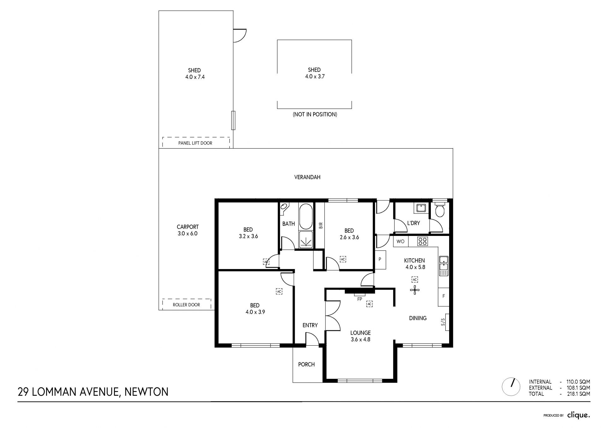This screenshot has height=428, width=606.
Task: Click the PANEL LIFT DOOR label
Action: point(195,143)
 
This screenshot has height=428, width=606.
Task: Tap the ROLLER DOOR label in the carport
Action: point(186,305)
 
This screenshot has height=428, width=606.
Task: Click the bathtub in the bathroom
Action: point(306,216)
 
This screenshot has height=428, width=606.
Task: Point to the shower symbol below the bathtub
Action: point(306,240)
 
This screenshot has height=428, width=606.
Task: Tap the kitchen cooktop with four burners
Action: point(422,241)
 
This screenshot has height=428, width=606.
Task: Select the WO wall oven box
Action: point(401,242)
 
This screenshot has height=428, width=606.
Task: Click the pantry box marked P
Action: point(380,260)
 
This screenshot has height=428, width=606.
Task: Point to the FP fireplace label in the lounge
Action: point(359,299)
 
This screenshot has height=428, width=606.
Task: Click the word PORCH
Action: point(306,365)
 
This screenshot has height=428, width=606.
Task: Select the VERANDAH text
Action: point(307,177)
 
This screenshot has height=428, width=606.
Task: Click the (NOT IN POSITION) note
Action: point(315,114)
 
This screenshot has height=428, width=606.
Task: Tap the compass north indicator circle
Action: point(511,387)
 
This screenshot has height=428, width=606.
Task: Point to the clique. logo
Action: point(579,415)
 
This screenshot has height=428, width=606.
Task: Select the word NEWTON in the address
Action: point(146,392)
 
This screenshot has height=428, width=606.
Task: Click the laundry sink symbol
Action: point(421,208)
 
